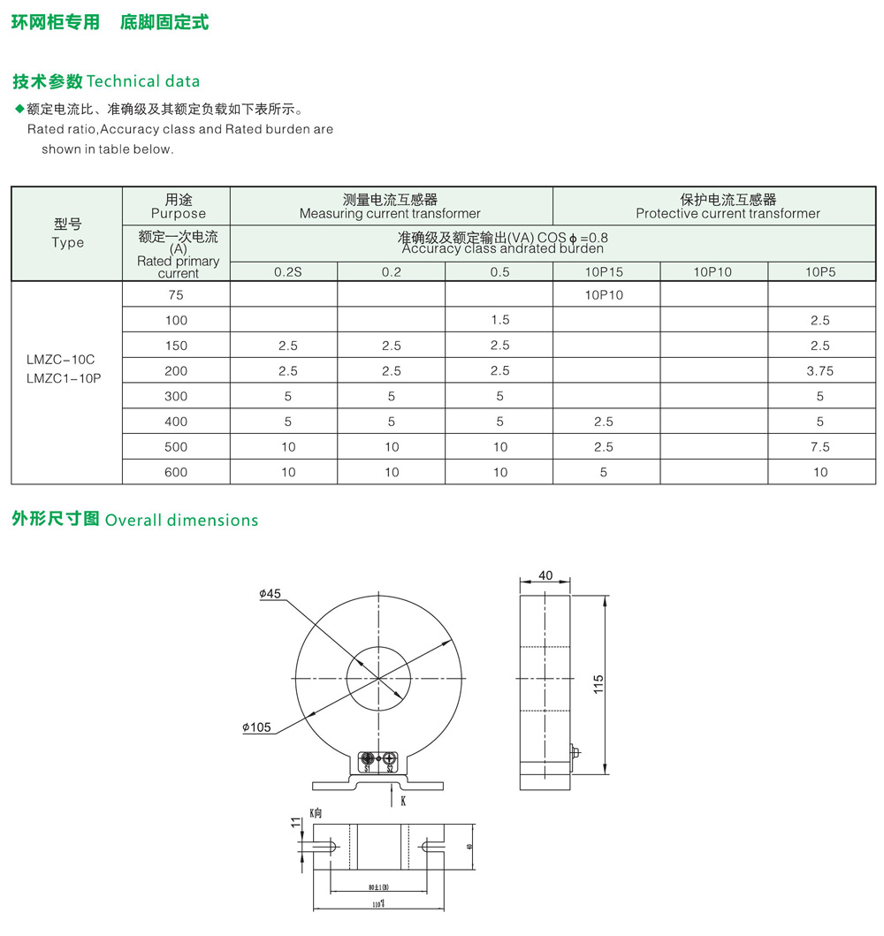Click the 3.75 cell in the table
[820, 371]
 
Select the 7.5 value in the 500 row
[820, 447]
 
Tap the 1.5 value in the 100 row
[499, 321]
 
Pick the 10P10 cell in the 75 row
[604, 295]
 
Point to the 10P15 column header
[604, 272]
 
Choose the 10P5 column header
[820, 272]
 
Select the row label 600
[176, 473]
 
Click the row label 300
[176, 397]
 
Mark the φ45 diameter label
[270, 594]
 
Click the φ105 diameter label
[256, 727]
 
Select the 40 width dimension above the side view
[545, 575]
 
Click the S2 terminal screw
[390, 758]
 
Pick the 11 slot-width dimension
[296, 824]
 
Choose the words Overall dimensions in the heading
[181, 521]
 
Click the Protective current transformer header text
[728, 214]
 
